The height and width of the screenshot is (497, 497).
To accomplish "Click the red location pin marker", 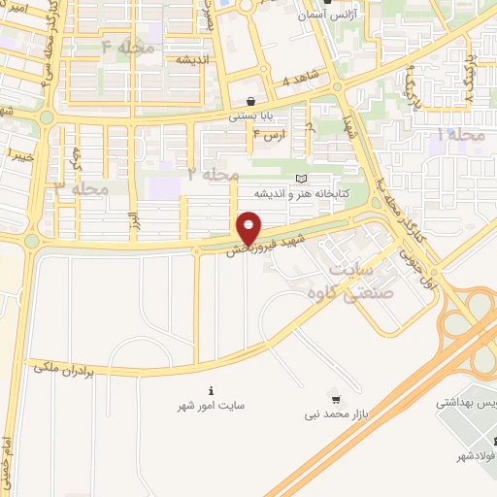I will (x=249, y=230).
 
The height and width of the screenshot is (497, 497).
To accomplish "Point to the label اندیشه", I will (x=194, y=60).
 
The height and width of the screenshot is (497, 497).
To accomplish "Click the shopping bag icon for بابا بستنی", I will (x=251, y=101).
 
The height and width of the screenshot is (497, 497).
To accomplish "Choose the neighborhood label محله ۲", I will (x=213, y=175).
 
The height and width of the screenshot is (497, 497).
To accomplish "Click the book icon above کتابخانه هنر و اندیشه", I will (x=301, y=179).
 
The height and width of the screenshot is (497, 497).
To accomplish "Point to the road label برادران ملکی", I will (x=59, y=367).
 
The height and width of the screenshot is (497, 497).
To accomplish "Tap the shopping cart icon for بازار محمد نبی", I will (x=336, y=399).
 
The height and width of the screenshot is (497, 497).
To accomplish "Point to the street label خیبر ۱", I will (x=20, y=153).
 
